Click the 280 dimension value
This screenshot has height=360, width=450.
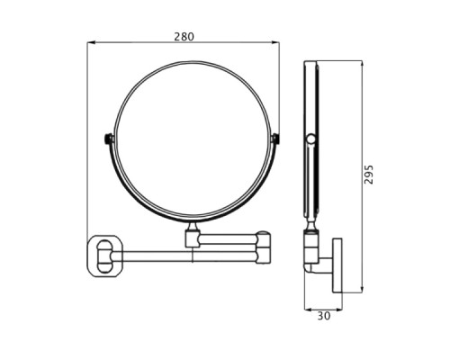(x=184, y=37)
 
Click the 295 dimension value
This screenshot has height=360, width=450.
(x=369, y=175)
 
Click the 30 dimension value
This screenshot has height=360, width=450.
(x=324, y=316)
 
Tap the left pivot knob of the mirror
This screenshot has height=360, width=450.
(x=109, y=139)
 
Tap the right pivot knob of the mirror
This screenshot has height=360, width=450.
(x=274, y=139)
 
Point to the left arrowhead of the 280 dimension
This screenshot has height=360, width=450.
(x=91, y=42)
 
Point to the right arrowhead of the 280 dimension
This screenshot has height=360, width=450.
(x=275, y=42)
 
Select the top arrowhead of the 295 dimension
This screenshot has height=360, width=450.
(x=362, y=65)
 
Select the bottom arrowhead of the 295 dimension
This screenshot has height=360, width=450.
(x=362, y=289)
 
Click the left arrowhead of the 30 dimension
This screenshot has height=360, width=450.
(x=309, y=309)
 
